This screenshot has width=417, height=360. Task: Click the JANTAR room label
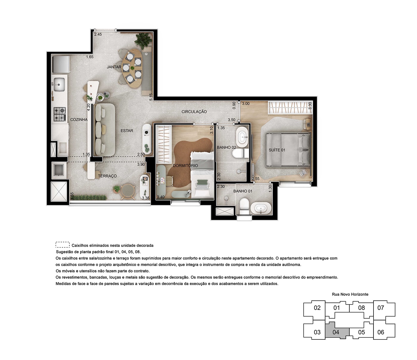114,67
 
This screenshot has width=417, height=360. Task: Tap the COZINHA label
79,120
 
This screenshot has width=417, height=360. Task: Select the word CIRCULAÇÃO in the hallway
194,112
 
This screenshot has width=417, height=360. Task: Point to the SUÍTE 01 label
277,150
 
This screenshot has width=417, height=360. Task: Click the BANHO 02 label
226,148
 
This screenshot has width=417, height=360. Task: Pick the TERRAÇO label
107,176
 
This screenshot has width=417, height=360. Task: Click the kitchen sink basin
59,84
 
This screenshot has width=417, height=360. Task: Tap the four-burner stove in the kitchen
60,114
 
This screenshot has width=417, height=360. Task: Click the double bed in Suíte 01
288,150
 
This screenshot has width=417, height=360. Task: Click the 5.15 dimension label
151,97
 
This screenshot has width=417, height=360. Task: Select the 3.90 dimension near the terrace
141,164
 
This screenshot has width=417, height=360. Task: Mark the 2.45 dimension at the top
98,34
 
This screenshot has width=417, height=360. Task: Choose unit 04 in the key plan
336,332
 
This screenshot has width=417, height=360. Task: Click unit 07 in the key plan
381,308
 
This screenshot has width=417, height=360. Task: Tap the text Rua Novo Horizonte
350,294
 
